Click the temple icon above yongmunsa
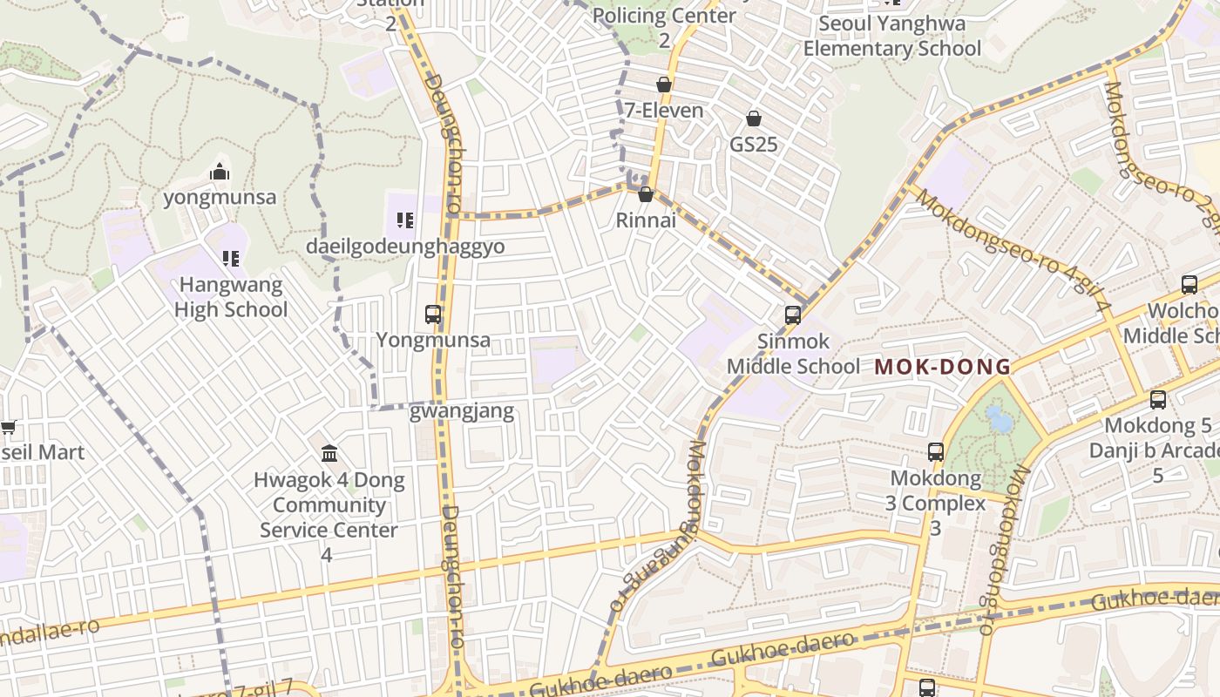(x=220, y=172)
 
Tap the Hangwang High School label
(x=230, y=297)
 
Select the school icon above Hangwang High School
(x=230, y=258)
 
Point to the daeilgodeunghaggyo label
(x=405, y=247)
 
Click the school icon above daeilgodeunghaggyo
(x=404, y=220)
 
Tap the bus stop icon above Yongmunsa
(x=433, y=315)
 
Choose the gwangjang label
(x=462, y=411)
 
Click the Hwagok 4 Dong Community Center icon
(x=329, y=453)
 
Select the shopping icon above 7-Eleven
(x=664, y=85)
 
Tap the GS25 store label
(x=753, y=145)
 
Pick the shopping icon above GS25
(x=754, y=118)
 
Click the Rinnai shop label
(x=646, y=220)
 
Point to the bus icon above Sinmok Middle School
(x=792, y=315)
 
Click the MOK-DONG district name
(x=943, y=367)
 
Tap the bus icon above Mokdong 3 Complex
(x=936, y=452)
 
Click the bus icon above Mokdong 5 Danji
(x=1158, y=400)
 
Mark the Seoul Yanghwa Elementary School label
(x=892, y=36)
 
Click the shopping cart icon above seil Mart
(x=9, y=427)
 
